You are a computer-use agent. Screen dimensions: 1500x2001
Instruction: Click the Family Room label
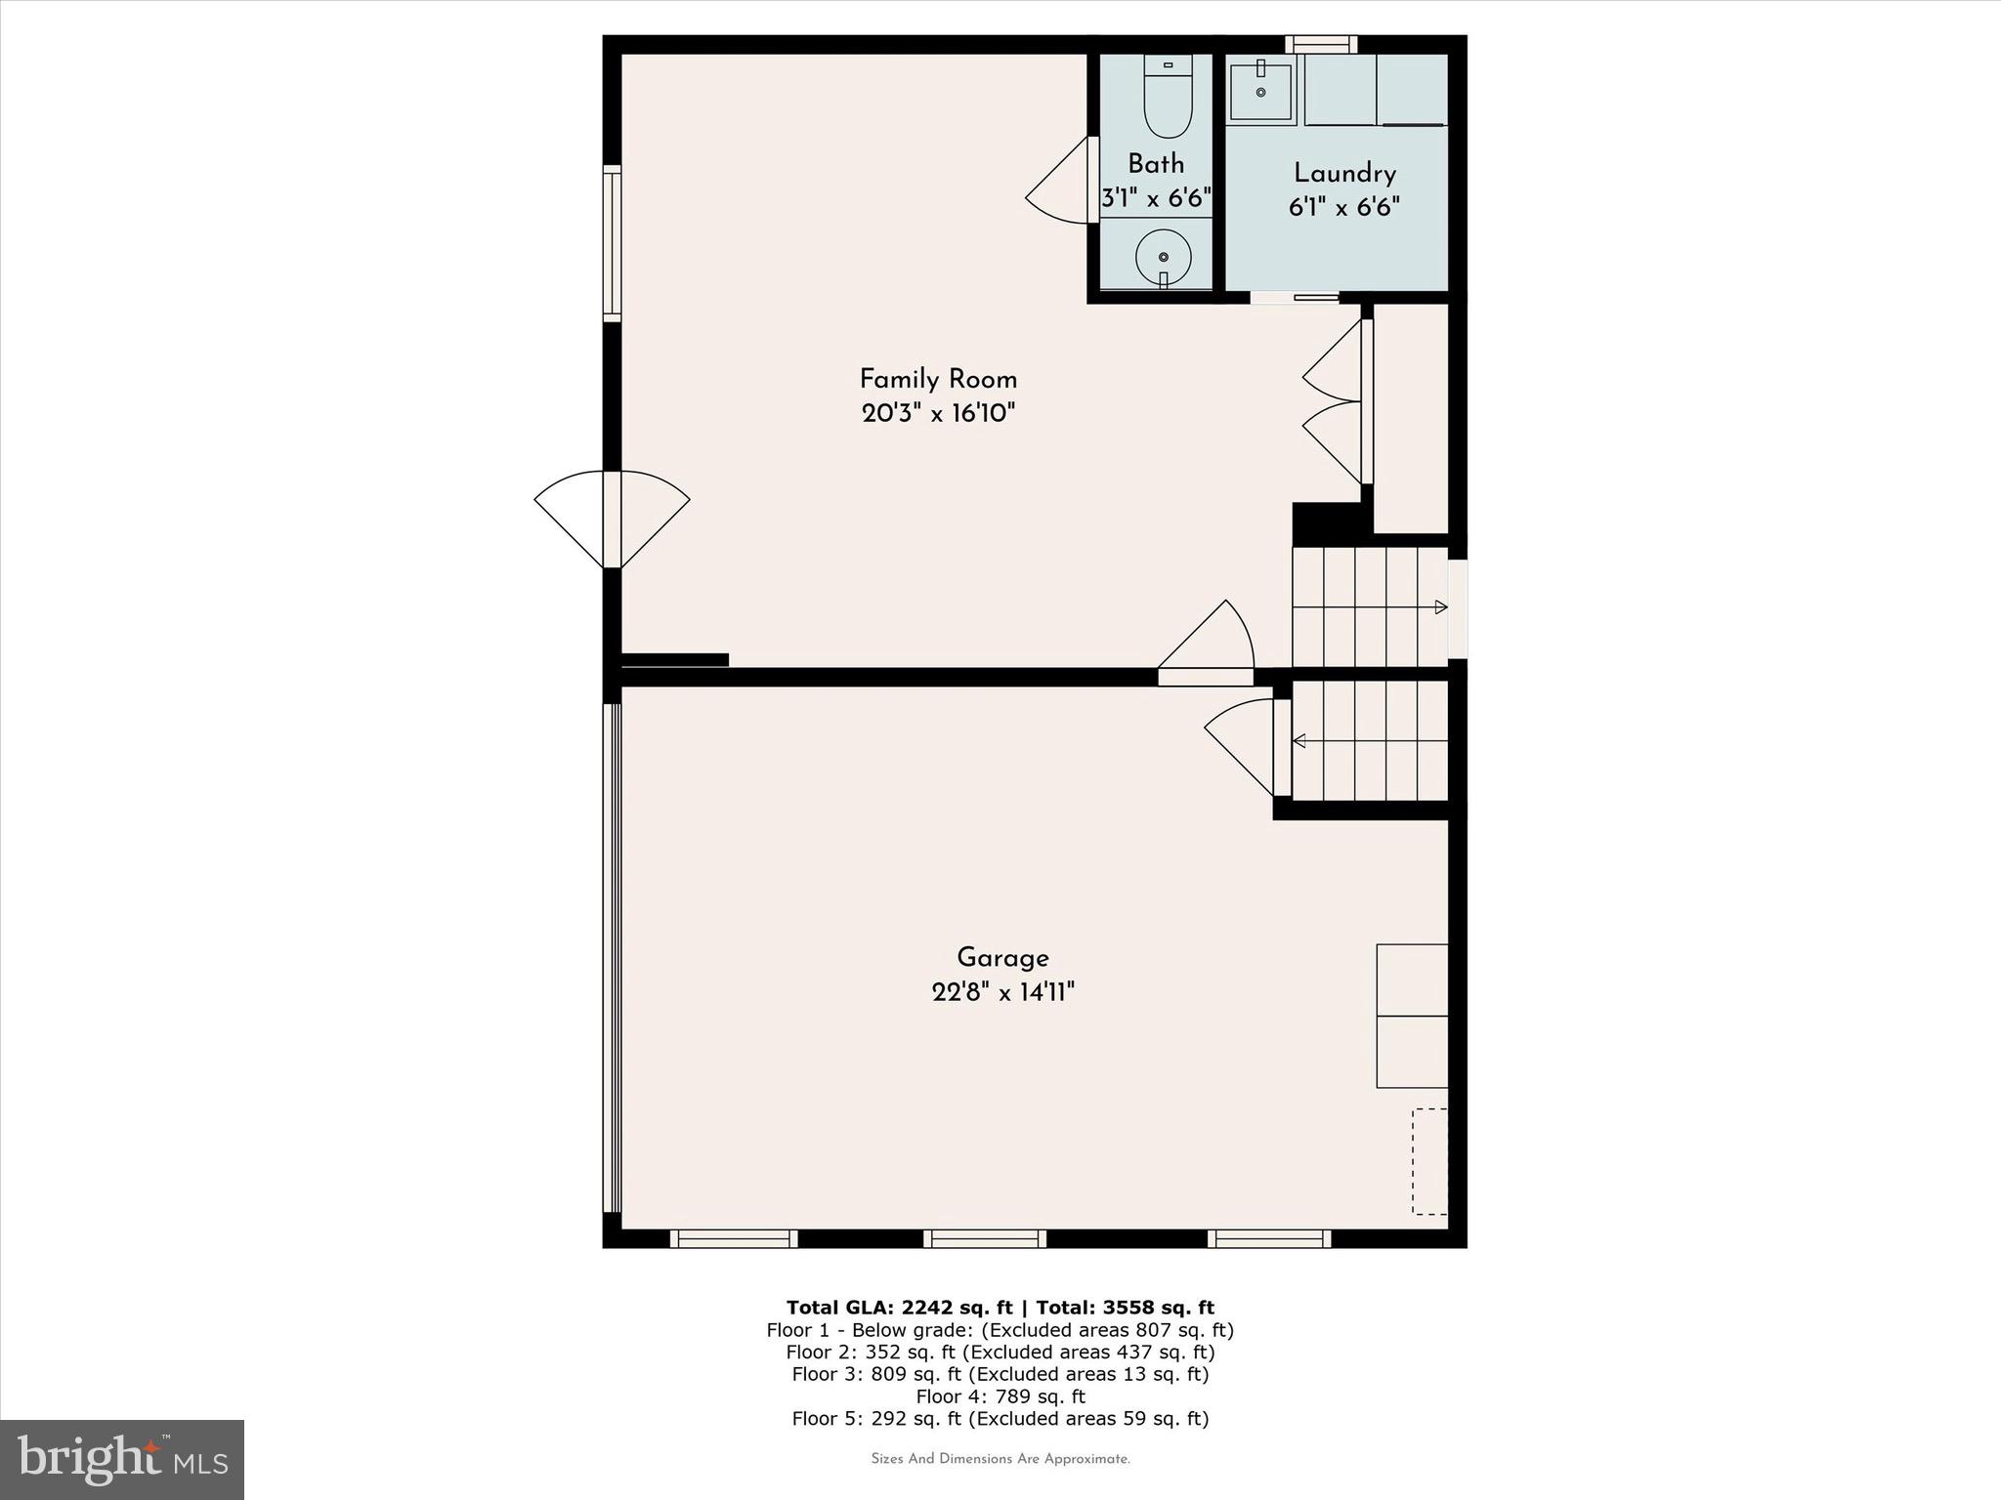[938, 379]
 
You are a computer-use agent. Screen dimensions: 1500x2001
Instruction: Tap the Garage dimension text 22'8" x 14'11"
[1002, 992]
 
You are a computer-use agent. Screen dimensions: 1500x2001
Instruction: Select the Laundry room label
[1344, 174]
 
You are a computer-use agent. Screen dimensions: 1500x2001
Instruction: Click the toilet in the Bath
[1168, 98]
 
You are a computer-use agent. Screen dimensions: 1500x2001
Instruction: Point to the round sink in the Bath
[1163, 257]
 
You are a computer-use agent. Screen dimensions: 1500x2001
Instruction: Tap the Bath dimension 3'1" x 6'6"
[1156, 199]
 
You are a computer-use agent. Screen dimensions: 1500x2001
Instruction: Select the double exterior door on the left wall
[612, 519]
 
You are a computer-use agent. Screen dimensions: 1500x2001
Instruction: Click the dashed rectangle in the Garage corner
[1429, 1161]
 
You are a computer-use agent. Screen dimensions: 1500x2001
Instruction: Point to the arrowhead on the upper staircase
[1440, 607]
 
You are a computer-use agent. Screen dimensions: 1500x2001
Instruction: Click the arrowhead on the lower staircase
[1299, 741]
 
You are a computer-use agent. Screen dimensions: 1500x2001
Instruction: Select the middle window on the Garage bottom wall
[985, 1238]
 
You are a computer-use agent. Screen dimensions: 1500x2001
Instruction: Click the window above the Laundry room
[1321, 44]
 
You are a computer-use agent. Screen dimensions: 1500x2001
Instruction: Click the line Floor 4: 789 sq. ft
[1000, 1396]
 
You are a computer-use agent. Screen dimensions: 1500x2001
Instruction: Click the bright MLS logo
[122, 1459]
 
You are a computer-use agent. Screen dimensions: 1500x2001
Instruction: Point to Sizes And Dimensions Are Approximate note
[1000, 1459]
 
